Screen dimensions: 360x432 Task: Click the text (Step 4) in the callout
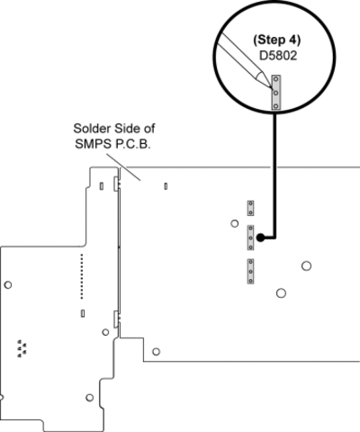(276, 40)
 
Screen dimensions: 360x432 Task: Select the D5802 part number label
(278, 56)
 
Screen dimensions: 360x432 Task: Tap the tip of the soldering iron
(271, 87)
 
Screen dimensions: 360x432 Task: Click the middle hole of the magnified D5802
(276, 93)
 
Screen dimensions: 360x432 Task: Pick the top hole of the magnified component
(276, 80)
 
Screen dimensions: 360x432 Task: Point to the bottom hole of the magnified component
(276, 105)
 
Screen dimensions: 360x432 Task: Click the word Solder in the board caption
(90, 129)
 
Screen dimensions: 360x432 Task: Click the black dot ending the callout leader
(261, 238)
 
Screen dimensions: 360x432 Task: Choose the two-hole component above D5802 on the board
(250, 208)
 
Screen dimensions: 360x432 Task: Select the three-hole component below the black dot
(250, 271)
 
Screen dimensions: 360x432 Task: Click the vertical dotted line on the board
(82, 276)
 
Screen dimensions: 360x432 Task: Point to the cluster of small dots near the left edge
(22, 348)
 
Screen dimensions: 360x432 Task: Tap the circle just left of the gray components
(235, 223)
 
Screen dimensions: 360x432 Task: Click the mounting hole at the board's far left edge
(8, 284)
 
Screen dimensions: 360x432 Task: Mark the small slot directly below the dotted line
(83, 313)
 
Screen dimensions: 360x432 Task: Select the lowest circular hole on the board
(90, 398)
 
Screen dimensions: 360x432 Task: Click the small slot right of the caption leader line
(166, 186)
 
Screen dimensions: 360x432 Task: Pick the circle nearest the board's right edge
(306, 265)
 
